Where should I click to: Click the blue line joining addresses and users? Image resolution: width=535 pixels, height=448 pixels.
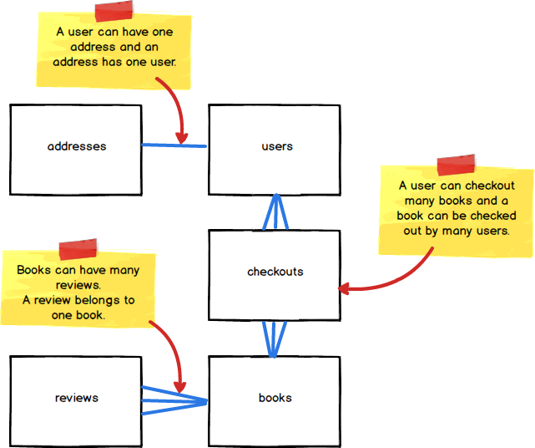(174, 146)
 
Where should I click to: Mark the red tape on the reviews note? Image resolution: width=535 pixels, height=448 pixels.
(78, 249)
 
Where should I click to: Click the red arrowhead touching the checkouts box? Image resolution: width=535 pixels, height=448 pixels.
(343, 288)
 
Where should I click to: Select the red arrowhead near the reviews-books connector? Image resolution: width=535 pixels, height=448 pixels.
(179, 386)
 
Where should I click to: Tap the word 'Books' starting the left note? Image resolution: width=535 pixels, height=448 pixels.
(33, 270)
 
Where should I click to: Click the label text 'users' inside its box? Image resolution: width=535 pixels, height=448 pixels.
(277, 146)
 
